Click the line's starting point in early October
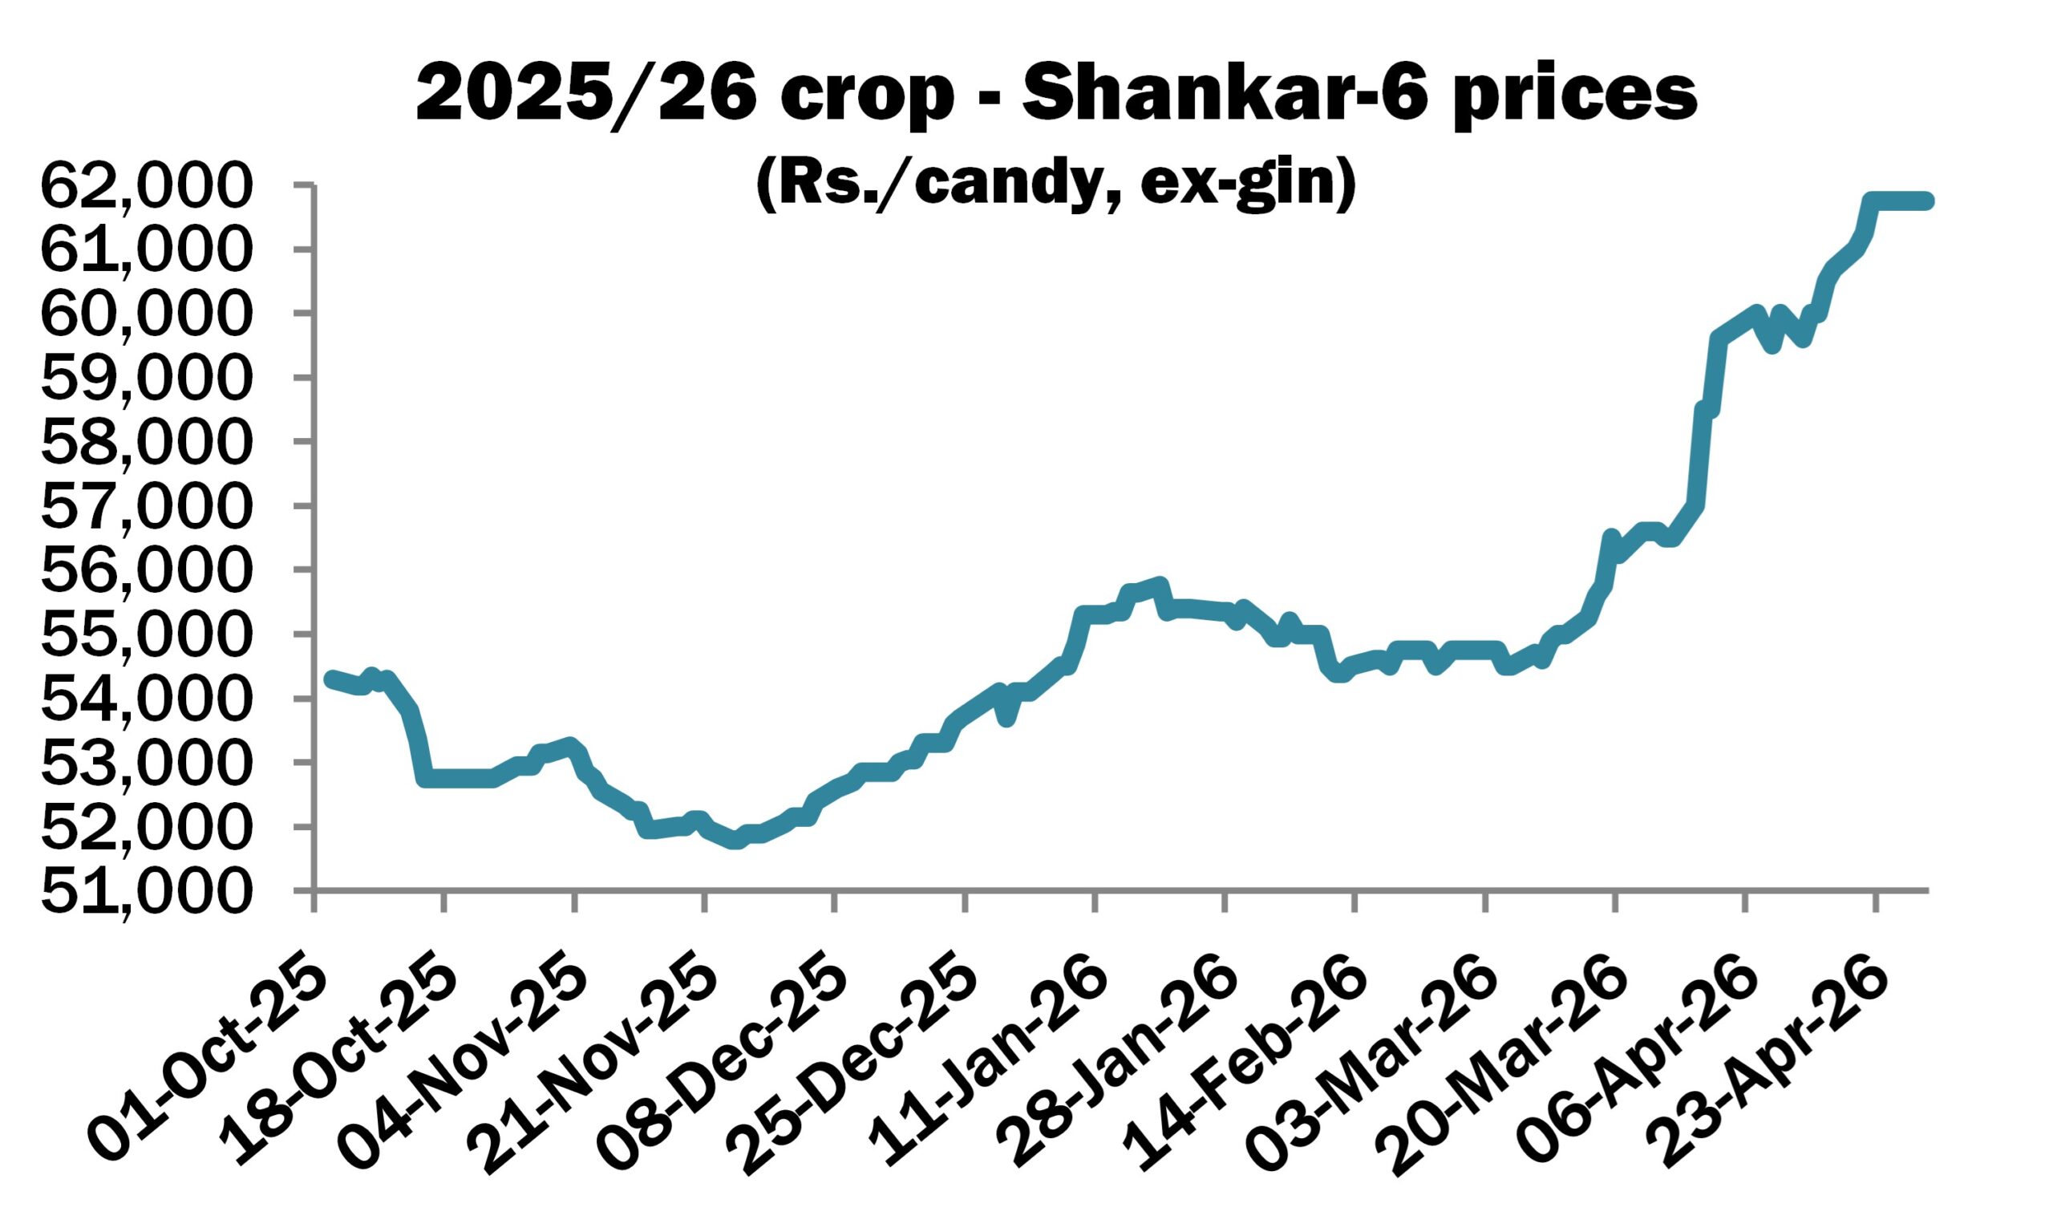(x=330, y=679)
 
